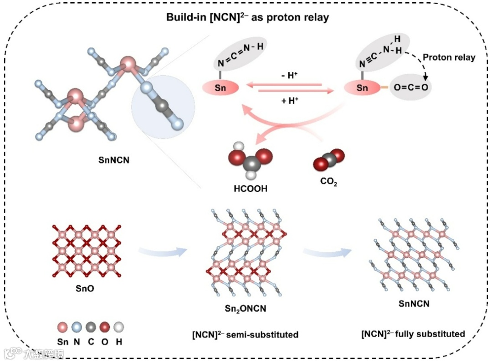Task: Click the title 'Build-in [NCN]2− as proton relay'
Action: tap(246, 18)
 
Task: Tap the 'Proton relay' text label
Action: tap(449, 57)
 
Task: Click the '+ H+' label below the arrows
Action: tap(290, 101)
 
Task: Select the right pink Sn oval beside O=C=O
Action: tap(363, 88)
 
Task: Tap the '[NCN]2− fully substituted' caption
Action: tap(413, 334)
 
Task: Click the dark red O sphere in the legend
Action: tap(105, 327)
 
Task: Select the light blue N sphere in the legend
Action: tap(77, 327)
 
